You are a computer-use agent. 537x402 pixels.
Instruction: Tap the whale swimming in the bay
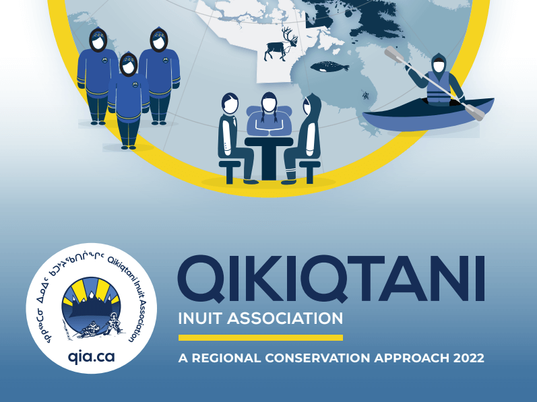[x=329, y=67]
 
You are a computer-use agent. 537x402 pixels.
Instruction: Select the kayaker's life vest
[x=438, y=88]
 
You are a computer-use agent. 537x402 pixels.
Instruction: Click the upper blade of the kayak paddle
[x=393, y=55]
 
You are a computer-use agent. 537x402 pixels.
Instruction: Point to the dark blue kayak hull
[x=428, y=114]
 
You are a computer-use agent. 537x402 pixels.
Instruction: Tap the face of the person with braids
[x=270, y=104]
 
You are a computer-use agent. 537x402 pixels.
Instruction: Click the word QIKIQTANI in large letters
[x=331, y=279]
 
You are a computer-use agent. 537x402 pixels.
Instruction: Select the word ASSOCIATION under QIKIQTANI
[x=285, y=319]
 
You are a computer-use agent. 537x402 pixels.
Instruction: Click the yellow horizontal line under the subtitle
[x=261, y=337]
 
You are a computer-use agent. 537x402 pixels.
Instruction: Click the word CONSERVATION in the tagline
[x=317, y=358]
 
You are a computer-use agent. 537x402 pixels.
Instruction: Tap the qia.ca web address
[x=91, y=357]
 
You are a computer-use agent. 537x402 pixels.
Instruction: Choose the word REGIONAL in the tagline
[x=226, y=358]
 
